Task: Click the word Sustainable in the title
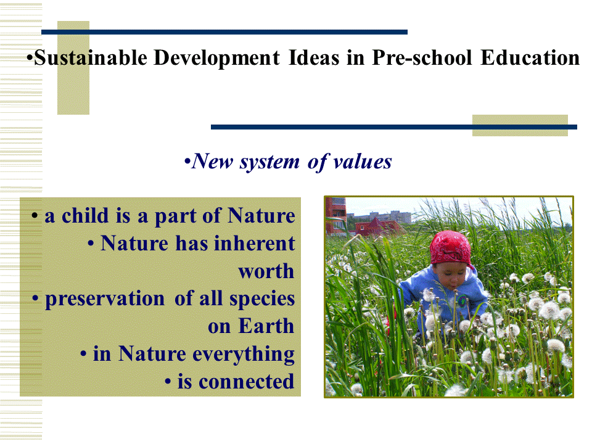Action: click(91, 58)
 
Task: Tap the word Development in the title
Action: click(216, 58)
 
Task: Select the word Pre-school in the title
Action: click(422, 58)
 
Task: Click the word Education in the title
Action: click(530, 58)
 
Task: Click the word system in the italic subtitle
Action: click(270, 162)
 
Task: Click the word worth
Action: click(266, 271)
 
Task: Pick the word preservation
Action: click(105, 299)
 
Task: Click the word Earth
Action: click(266, 326)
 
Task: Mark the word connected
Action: click(246, 381)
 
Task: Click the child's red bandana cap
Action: click(450, 249)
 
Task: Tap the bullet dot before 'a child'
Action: click(35, 216)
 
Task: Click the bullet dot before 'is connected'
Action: click(168, 382)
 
